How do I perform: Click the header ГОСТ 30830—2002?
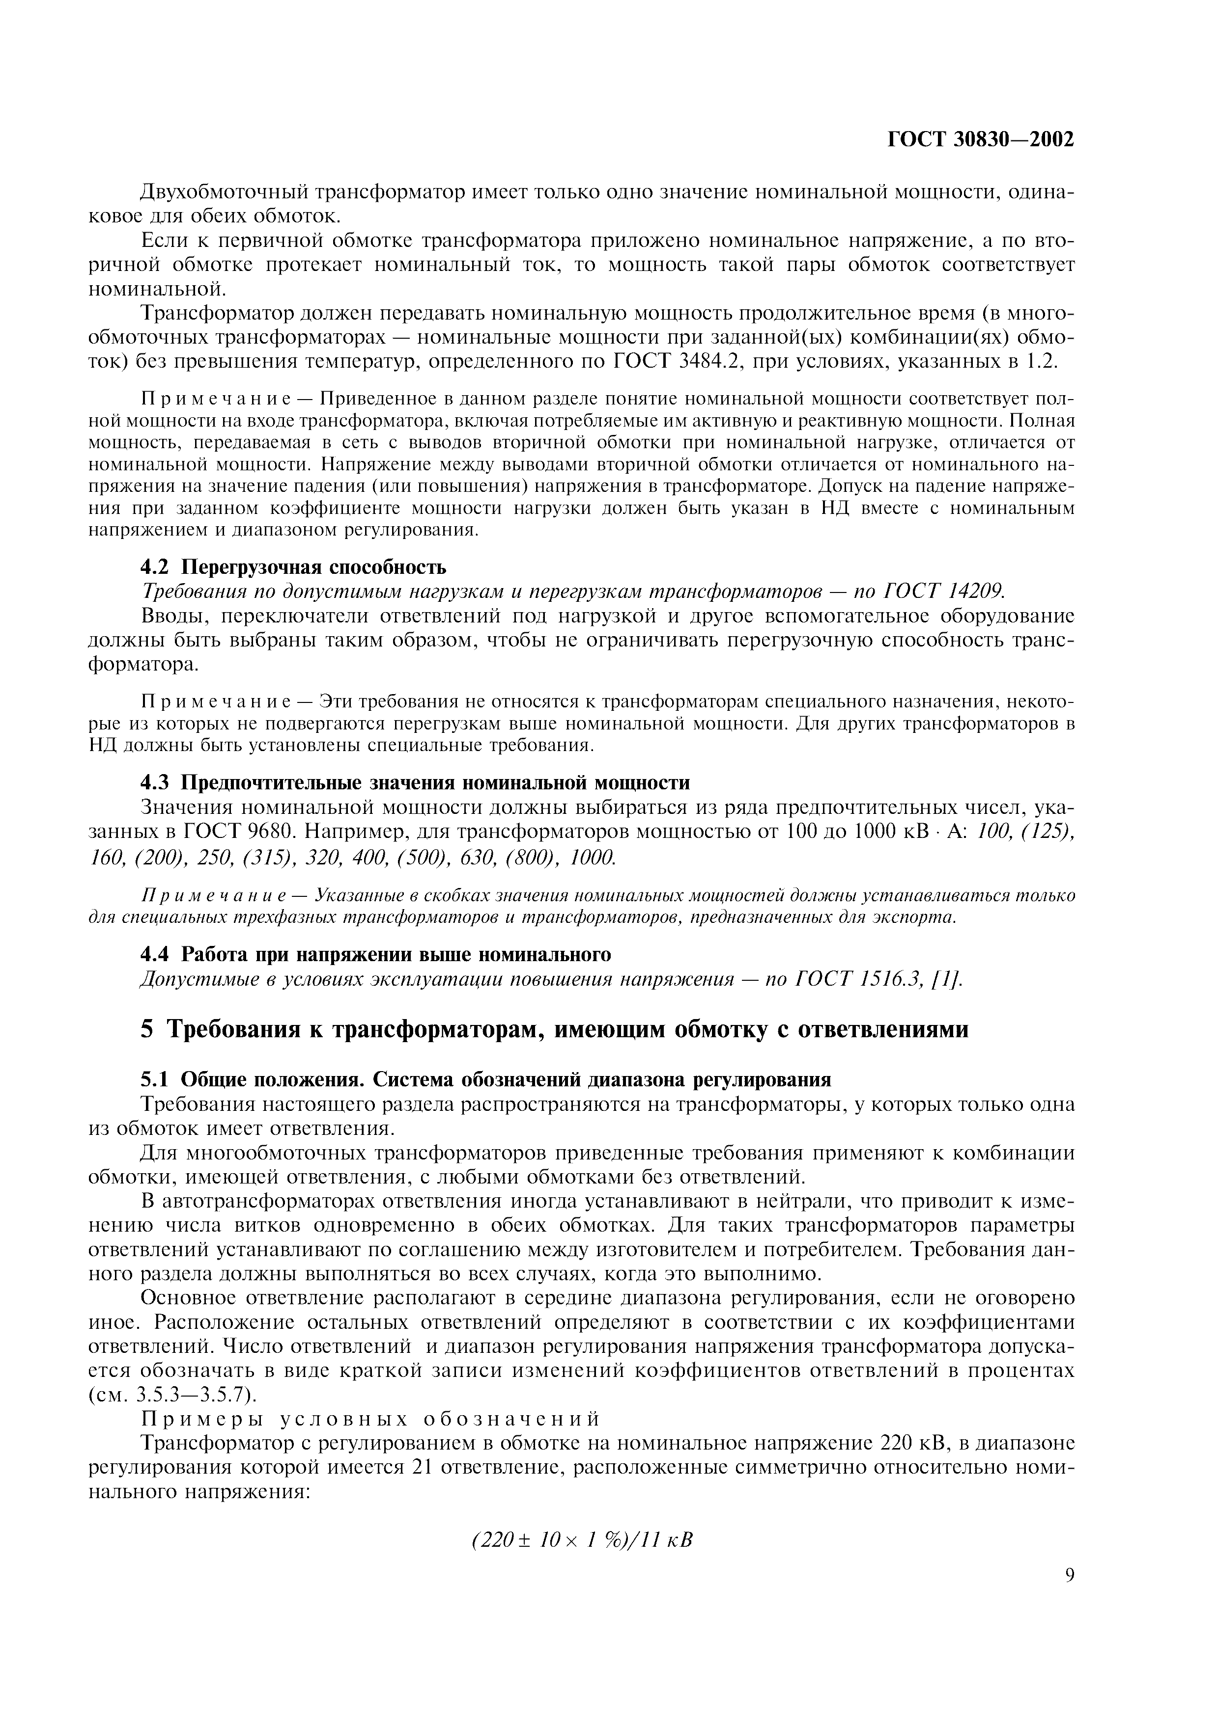981,139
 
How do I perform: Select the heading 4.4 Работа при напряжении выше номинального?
376,955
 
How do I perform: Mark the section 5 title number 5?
147,1030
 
